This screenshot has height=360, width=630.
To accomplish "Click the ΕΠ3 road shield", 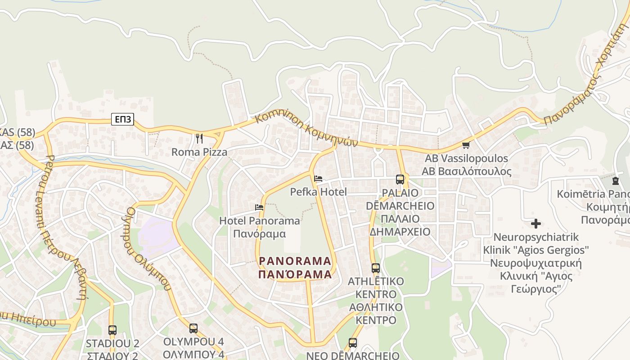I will [123, 119].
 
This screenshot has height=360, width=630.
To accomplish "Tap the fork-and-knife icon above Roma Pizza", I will [199, 139].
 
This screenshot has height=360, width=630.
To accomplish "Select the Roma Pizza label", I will [199, 152].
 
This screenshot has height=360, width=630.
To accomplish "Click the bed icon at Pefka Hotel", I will [318, 179].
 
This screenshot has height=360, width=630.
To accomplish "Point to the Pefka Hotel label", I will [318, 192].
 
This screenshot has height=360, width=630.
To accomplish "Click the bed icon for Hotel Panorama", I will [259, 207].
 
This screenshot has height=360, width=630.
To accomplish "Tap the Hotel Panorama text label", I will [259, 221].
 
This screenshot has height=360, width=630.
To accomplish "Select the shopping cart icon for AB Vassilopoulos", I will [466, 145].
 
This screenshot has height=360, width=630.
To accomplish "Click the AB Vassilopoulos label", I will [466, 159].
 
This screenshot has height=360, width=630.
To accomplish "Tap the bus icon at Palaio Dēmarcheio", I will [400, 180].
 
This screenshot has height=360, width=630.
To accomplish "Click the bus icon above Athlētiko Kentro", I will [376, 268].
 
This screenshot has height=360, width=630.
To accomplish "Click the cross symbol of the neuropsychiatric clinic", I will [536, 224].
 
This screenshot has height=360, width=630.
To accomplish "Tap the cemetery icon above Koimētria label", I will [615, 181].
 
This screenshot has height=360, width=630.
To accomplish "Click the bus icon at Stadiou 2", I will [112, 330].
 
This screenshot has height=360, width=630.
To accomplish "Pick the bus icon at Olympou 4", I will [193, 328].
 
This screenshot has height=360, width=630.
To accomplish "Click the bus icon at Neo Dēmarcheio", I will [353, 343].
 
